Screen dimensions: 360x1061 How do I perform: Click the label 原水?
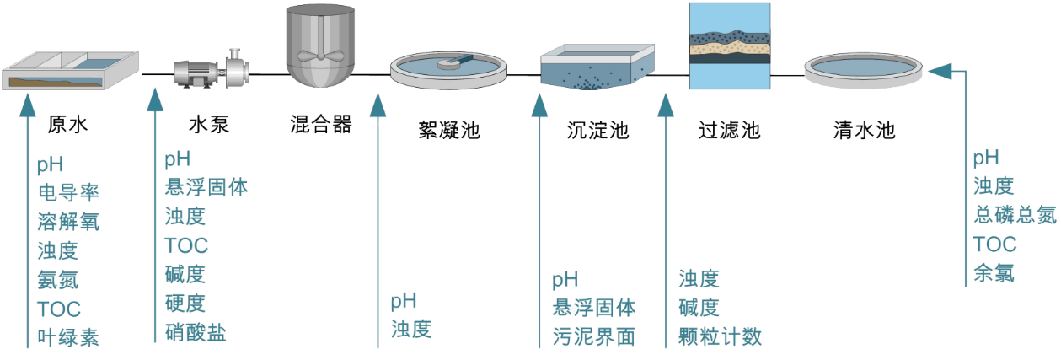pos(67,126)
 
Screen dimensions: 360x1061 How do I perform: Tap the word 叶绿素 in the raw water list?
pos(68,337)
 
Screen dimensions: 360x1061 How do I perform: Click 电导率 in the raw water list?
pos(68,193)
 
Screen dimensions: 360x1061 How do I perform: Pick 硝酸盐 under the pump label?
pos(196,331)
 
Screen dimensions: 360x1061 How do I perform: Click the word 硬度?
pos(185,303)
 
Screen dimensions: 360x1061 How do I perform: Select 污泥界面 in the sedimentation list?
pos(594,336)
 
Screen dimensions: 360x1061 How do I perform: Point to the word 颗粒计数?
pos(720,336)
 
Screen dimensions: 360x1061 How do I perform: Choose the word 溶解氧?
pos(68,222)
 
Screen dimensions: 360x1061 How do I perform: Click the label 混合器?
pos(319,126)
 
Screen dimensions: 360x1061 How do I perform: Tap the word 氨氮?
pos(58,279)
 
